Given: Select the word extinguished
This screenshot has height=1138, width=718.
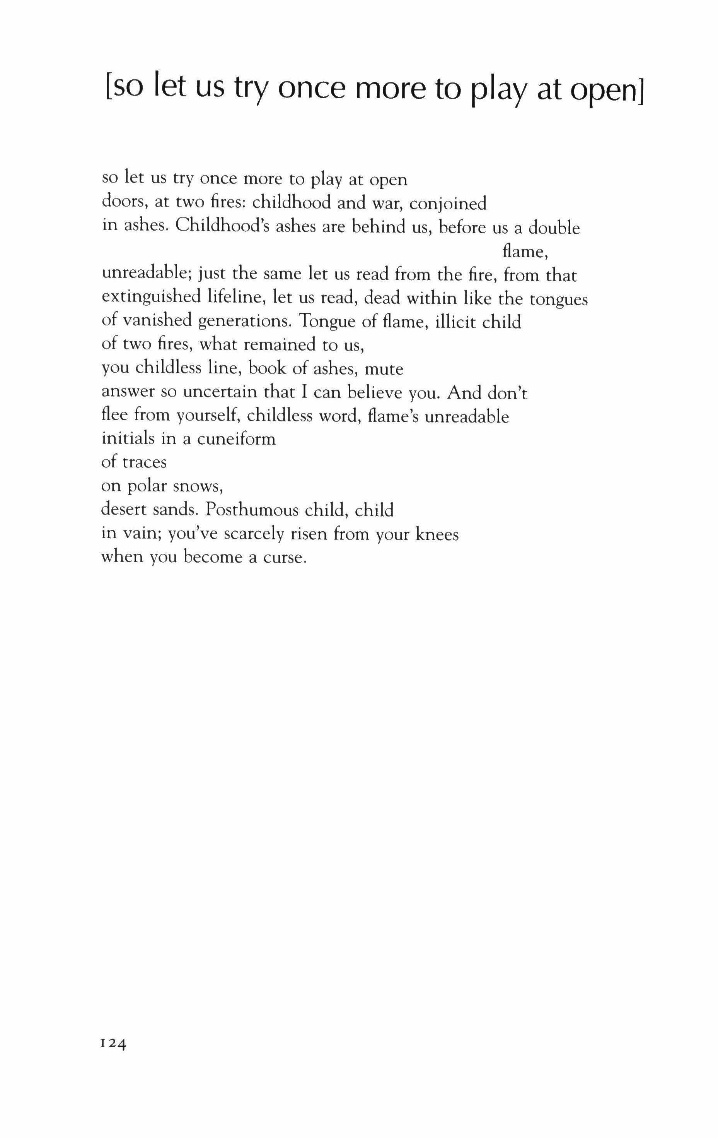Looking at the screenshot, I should [151, 298].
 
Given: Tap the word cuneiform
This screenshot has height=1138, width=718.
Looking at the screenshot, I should [236, 439].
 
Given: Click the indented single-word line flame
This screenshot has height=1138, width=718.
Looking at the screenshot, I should [524, 251].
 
